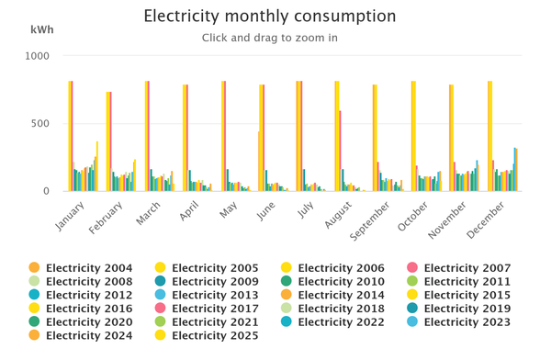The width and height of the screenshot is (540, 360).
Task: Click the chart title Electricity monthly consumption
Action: pos(270,17)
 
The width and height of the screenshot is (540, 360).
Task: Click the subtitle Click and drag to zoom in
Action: pos(270,38)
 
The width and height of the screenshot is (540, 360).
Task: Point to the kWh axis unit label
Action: pos(42,29)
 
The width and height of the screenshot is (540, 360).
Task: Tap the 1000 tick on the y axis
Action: pos(37,56)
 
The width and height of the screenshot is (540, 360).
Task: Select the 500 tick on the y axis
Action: pos(40,123)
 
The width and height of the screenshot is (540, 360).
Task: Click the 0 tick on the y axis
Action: pos(46,191)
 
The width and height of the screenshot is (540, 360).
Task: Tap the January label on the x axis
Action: pos(69,216)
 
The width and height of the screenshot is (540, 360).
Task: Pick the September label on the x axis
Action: pos(369,220)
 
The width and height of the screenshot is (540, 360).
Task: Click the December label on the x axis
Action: pos(486,219)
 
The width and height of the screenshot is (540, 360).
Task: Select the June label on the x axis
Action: pos(265,211)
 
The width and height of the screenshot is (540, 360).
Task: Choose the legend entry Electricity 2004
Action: pos(81,267)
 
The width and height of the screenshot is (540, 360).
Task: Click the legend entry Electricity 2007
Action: pos(459,267)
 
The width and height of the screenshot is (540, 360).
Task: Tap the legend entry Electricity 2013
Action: pos(207,295)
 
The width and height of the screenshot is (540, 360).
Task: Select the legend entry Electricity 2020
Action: pos(81,321)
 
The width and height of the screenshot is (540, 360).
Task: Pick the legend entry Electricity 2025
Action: pos(207,335)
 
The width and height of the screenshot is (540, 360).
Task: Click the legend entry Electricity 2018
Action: pos(333,309)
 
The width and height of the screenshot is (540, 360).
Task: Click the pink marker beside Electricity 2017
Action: pos(160,308)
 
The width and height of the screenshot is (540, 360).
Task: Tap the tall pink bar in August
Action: pos(340,151)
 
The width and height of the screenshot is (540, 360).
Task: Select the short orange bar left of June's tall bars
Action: pos(259,161)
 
